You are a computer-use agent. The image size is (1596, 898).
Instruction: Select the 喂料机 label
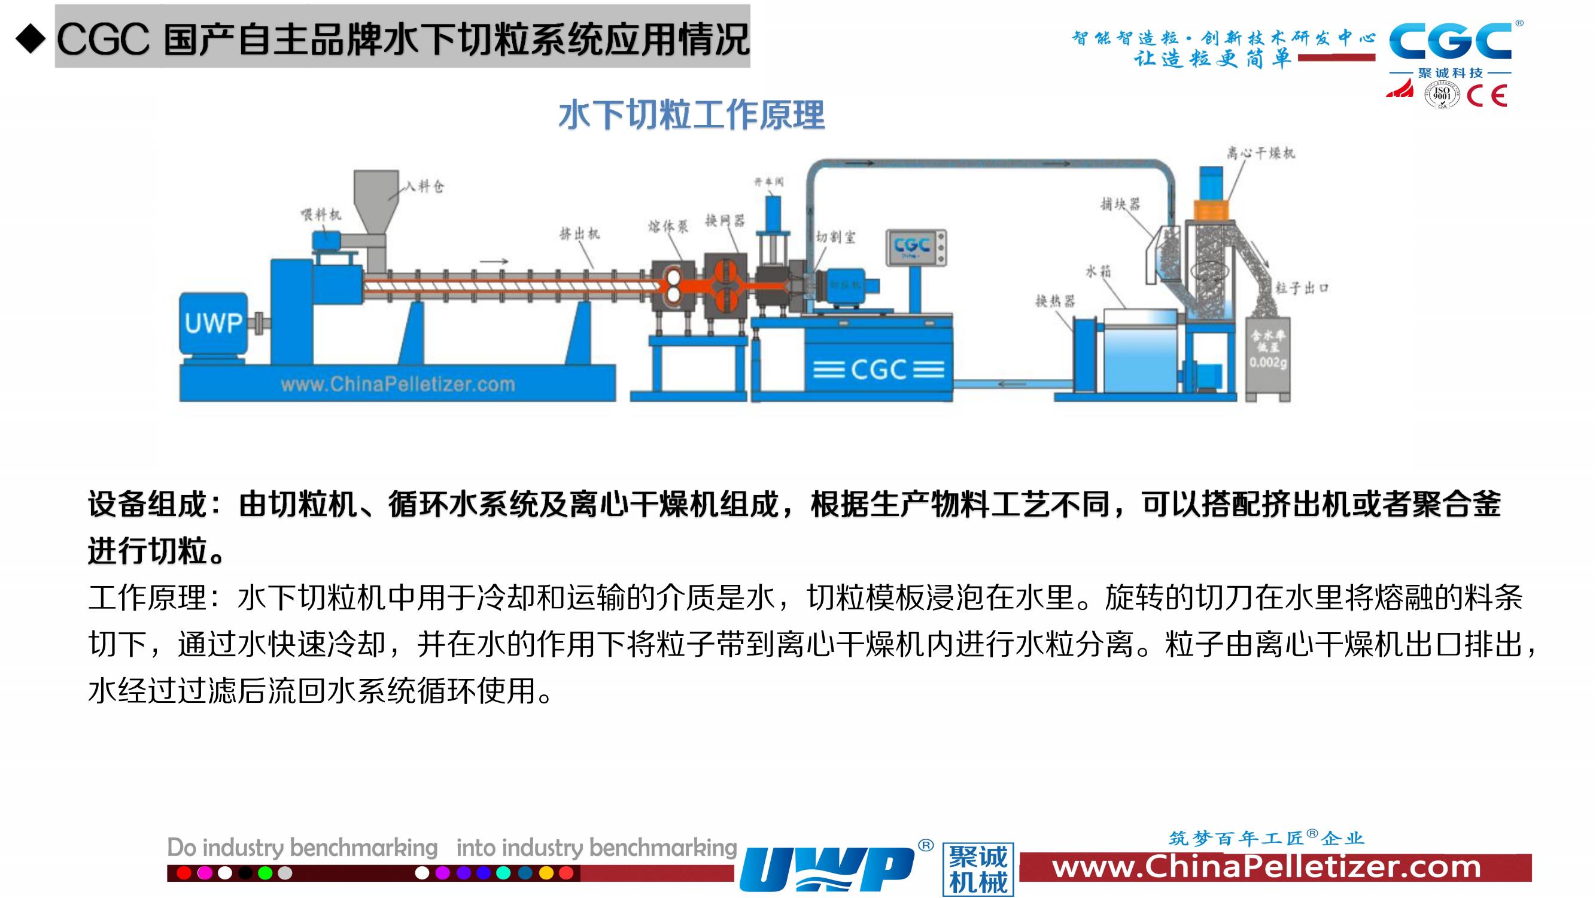[320, 214]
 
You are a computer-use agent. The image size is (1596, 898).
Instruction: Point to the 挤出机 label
[579, 233]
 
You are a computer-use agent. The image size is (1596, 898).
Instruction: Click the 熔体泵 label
[668, 226]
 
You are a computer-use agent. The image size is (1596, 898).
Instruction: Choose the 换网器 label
[724, 221]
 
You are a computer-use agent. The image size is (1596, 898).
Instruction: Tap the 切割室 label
[835, 236]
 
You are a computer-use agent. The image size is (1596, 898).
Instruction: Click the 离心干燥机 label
[1260, 153]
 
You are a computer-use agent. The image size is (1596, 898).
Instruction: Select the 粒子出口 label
[1301, 287]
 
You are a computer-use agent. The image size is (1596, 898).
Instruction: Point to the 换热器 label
[1054, 301]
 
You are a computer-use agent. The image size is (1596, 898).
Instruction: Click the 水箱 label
[1098, 271]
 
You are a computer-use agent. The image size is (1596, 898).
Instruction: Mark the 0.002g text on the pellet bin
[1267, 362]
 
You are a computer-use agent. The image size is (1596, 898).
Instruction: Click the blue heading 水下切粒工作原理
[691, 116]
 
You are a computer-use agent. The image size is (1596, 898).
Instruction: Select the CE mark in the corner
[1486, 96]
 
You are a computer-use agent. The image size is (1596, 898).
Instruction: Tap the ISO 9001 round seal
[1442, 95]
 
